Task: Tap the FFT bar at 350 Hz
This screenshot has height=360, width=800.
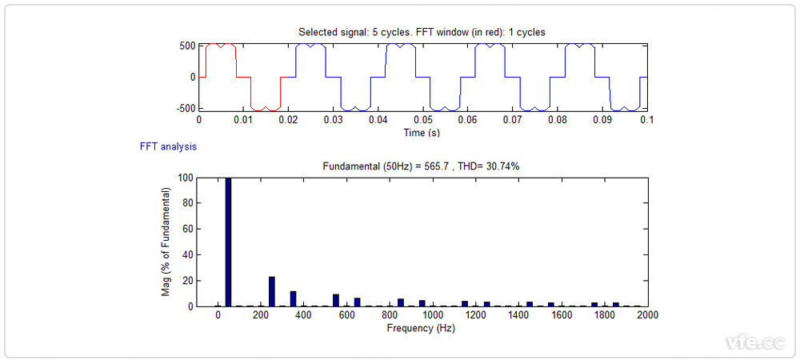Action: coord(294,298)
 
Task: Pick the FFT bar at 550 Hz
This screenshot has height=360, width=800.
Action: coord(336,300)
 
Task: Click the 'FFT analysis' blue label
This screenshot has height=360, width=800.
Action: coord(167,147)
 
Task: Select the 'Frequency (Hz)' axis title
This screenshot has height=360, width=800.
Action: coord(421,328)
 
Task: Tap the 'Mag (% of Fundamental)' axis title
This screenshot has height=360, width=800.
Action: coord(166,242)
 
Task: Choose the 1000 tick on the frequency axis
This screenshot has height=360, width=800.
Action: coord(433,316)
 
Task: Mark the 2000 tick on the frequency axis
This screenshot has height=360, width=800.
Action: coord(647,316)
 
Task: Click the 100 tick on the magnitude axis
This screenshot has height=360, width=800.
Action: coord(184,178)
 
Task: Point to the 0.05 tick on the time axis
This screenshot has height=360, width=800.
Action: coord(423,120)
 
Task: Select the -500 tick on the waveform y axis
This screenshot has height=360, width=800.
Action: coord(184,108)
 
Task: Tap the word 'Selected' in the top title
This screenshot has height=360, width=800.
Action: coord(318,32)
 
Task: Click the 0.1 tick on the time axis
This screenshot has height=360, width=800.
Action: coord(645,120)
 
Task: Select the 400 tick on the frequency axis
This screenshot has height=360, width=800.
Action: coord(304,316)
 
